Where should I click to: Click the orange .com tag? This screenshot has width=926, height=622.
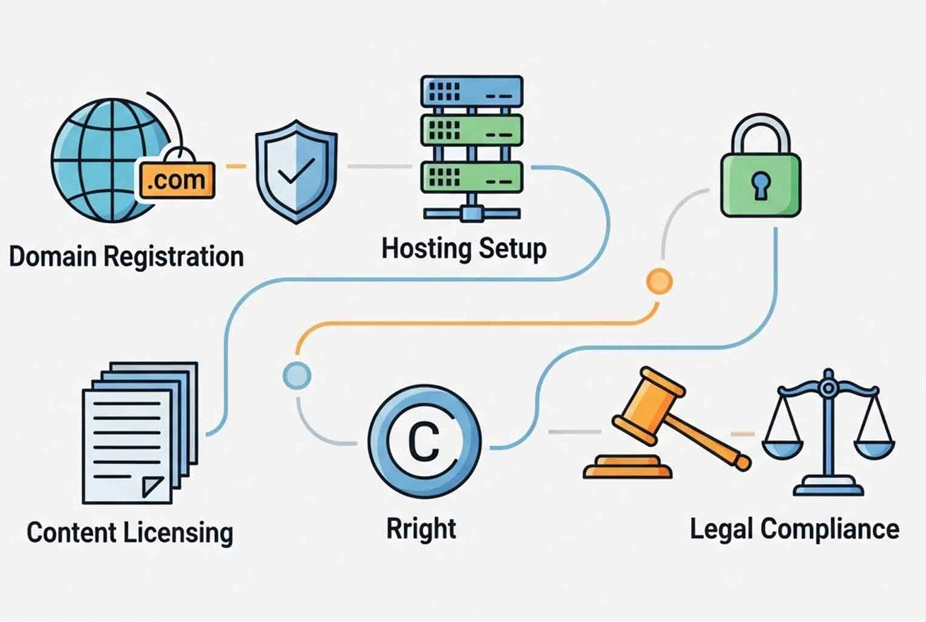click(x=177, y=180)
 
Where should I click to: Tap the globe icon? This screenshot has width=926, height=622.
click(x=112, y=160)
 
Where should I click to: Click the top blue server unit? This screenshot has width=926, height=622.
click(x=471, y=92)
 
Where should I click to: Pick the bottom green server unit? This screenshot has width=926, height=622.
click(x=471, y=177)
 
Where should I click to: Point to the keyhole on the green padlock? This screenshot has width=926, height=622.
click(x=761, y=185)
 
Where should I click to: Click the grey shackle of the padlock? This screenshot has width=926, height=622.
click(x=761, y=133)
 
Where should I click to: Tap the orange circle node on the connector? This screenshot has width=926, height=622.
click(x=660, y=281)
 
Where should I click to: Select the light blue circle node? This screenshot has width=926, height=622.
click(x=297, y=376)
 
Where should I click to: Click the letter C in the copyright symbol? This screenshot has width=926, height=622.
click(x=424, y=442)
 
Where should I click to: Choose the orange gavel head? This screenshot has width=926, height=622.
click(x=648, y=406)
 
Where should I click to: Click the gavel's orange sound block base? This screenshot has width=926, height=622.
click(x=627, y=467)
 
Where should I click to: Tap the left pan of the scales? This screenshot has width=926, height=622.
click(x=783, y=449)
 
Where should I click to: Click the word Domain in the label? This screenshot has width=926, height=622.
click(x=53, y=256)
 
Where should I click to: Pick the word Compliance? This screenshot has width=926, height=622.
click(x=830, y=530)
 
